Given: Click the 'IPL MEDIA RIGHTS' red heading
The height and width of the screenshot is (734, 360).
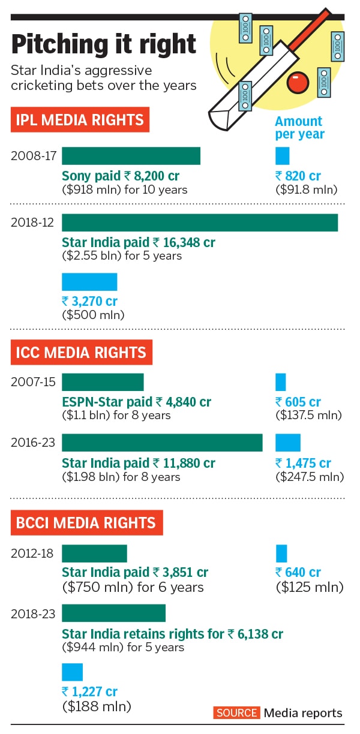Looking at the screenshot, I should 80,120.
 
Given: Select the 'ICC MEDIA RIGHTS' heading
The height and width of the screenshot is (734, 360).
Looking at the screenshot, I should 81,352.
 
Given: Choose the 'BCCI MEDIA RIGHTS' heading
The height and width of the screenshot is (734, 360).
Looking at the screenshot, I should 86,522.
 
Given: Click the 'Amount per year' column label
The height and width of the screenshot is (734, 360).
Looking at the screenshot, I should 299,128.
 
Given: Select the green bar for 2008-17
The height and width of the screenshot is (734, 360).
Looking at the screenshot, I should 131,156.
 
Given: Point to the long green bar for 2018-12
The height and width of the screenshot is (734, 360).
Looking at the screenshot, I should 200,222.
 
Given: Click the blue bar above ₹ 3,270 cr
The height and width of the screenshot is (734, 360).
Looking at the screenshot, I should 89,282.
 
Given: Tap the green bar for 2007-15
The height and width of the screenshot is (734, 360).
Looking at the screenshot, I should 103,382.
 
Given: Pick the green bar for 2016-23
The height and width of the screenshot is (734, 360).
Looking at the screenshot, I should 162,443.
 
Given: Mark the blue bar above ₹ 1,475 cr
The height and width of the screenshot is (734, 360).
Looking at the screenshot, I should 287,443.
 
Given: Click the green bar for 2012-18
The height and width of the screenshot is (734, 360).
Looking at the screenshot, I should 94,553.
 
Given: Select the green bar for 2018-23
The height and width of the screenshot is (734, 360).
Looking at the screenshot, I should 113,613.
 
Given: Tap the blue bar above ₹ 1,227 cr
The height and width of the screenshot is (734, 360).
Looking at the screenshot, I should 72,672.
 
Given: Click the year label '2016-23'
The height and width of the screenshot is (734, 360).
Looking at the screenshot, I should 32,443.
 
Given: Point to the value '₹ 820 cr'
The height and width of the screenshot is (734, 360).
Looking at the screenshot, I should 298,176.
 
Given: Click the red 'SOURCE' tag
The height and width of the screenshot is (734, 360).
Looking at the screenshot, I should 236,713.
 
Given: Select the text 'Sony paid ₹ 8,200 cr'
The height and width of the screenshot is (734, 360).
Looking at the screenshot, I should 121,176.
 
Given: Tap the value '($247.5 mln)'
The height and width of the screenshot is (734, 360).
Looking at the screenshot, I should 309,477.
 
